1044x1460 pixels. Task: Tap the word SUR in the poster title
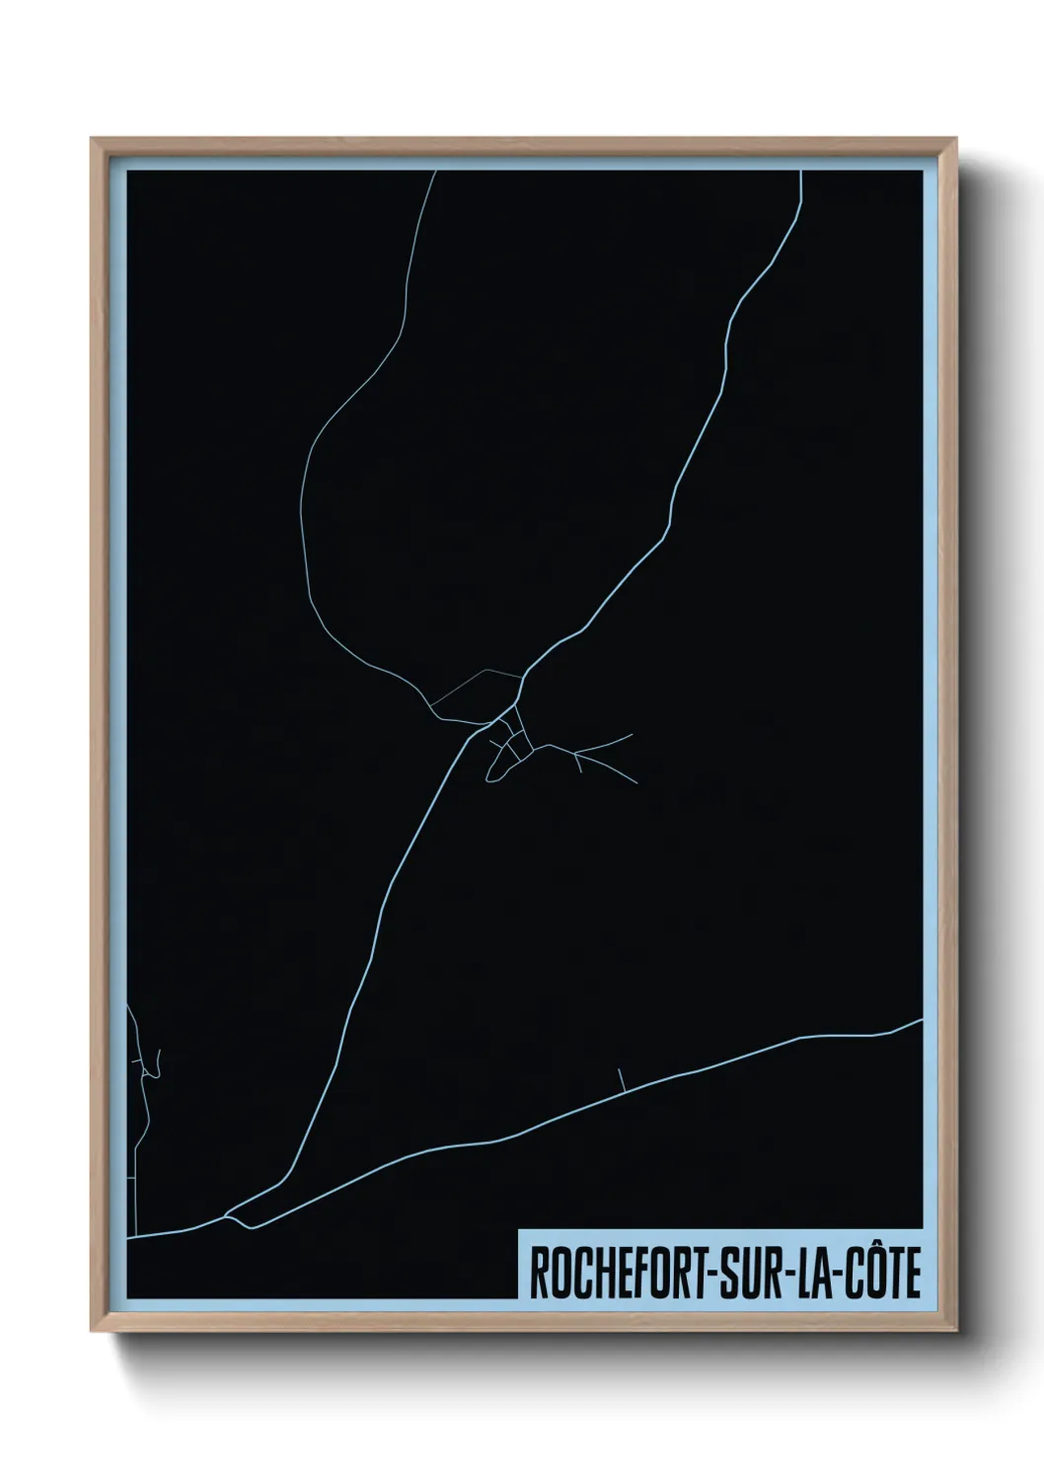click(x=737, y=1275)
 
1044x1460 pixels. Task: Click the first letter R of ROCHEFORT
click(x=539, y=1275)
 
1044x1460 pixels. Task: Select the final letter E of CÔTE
click(x=912, y=1275)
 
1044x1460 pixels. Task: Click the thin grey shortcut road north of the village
click(x=479, y=677)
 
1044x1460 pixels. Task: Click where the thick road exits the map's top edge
click(x=800, y=172)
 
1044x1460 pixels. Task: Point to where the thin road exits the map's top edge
click(x=436, y=172)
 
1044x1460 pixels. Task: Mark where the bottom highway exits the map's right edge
click(x=920, y=1021)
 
